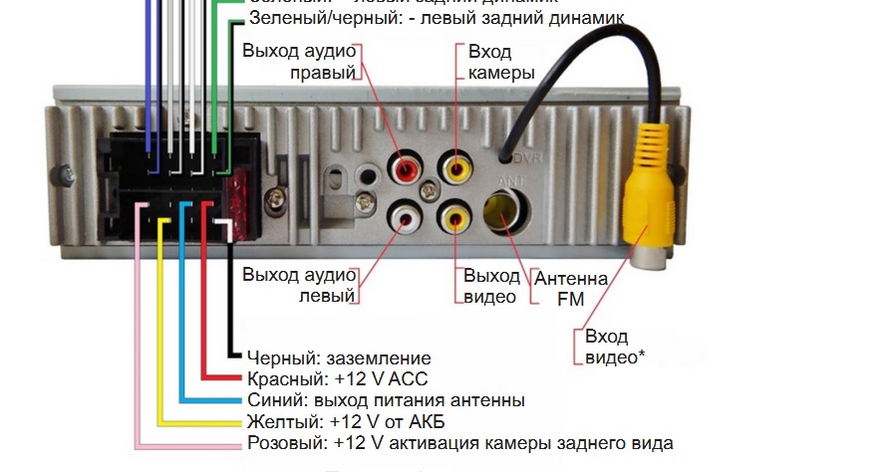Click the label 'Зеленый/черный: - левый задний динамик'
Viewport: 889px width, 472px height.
tap(437, 19)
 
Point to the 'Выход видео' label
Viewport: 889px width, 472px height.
tap(491, 285)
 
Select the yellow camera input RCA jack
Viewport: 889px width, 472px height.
tap(457, 168)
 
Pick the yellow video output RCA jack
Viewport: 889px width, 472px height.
tap(457, 214)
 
